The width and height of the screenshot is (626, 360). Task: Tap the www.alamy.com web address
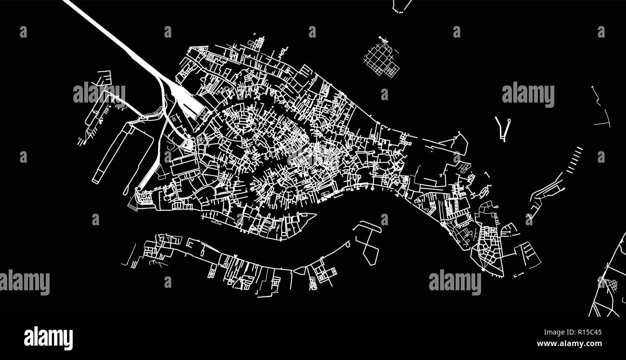coord(569,344)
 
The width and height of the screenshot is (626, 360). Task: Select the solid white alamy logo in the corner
coord(48,337)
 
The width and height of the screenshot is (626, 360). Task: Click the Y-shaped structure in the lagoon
coord(503,128)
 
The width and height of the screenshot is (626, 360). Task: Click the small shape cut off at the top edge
coord(401,6)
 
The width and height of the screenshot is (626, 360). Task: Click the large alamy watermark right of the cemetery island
coord(528,95)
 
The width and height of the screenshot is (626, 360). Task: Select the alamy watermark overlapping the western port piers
coord(99,94)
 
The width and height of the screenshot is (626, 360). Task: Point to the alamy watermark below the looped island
coord(455,282)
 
